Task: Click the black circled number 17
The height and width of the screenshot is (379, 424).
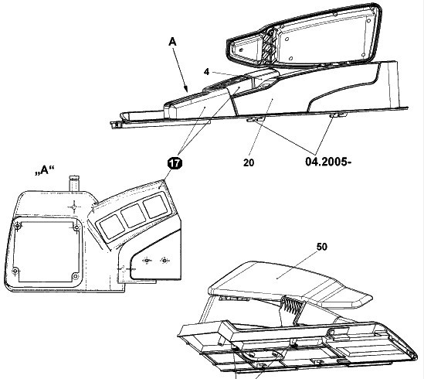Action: click(x=175, y=163)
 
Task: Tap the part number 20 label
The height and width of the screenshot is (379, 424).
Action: click(x=249, y=163)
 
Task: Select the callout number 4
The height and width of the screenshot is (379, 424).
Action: click(x=206, y=72)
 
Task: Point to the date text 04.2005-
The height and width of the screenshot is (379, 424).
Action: click(x=328, y=162)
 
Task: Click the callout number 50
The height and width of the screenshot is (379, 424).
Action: click(x=321, y=247)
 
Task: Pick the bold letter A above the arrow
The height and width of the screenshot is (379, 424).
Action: click(x=172, y=42)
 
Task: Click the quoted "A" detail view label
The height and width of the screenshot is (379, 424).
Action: click(x=45, y=170)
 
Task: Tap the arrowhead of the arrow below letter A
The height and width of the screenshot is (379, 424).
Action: click(x=186, y=89)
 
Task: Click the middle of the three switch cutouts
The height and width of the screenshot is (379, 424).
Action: click(x=134, y=216)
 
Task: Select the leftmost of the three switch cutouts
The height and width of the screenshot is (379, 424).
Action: click(x=112, y=227)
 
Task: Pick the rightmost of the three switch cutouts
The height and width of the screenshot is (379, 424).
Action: click(x=155, y=205)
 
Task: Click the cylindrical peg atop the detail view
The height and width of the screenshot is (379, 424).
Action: click(x=74, y=183)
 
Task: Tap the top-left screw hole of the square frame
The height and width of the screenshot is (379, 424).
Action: click(x=18, y=226)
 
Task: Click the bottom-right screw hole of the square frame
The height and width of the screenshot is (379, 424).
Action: click(x=75, y=276)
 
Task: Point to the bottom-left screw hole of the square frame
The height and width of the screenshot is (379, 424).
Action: click(x=15, y=271)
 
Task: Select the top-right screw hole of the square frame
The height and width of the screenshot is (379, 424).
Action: click(x=76, y=228)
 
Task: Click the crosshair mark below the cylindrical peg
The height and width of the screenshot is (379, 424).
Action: click(x=74, y=207)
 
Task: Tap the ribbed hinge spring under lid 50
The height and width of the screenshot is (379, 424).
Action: click(x=292, y=306)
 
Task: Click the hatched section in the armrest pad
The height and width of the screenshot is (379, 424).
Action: click(x=269, y=47)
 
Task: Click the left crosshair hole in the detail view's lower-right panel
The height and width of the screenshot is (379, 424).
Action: click(x=147, y=261)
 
